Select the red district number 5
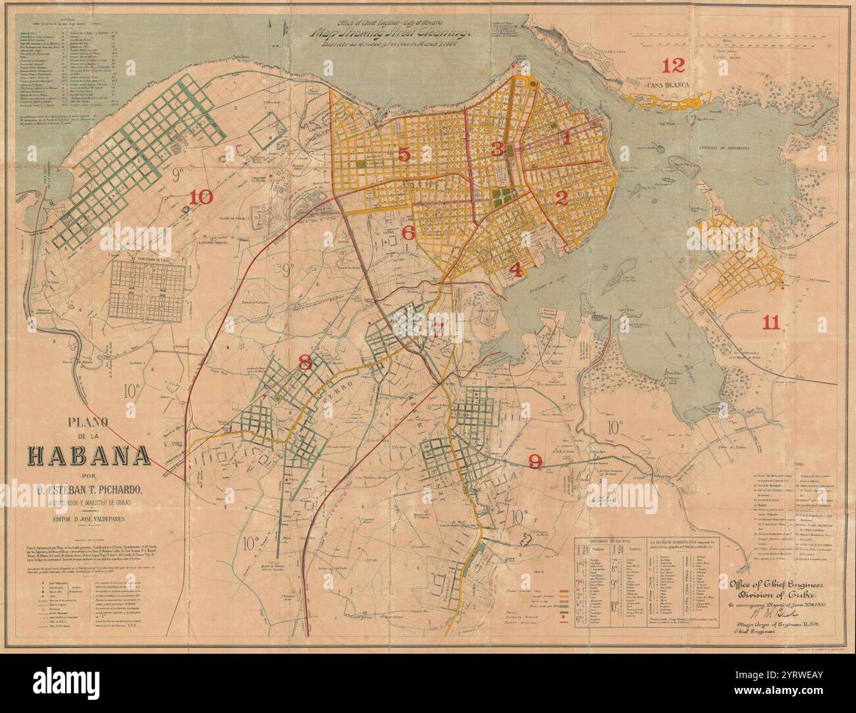click(404, 153)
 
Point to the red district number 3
click(496, 149)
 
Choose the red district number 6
click(408, 232)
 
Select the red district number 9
click(535, 460)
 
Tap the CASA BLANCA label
click(667, 86)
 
